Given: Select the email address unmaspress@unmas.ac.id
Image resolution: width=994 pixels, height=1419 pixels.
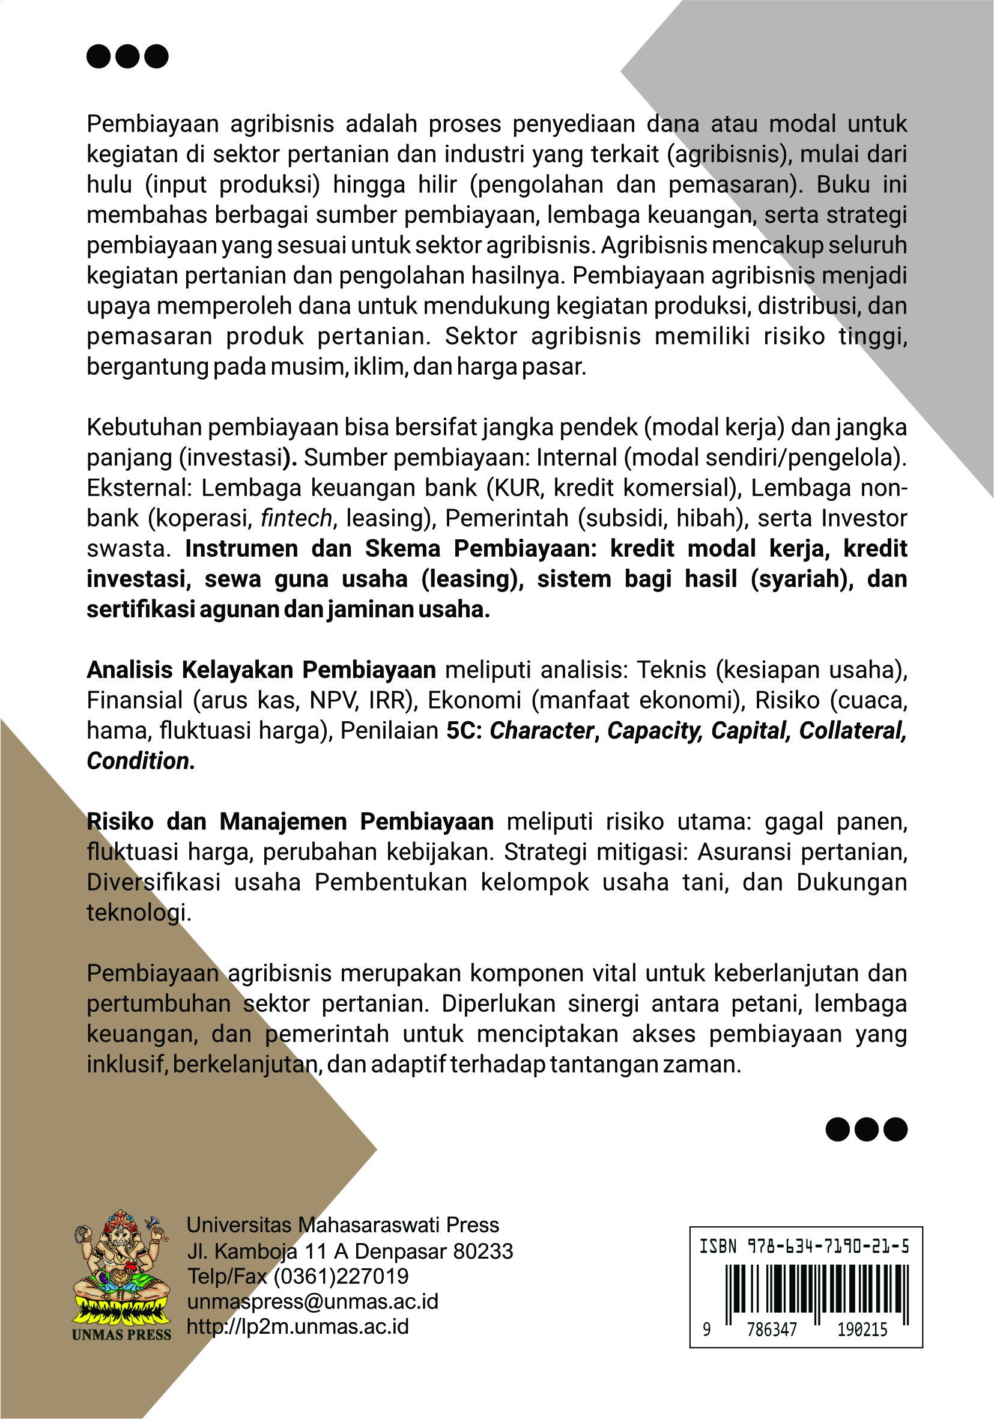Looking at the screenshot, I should (312, 1301).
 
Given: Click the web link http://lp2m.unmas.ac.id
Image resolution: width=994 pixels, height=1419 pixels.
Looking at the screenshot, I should (297, 1327).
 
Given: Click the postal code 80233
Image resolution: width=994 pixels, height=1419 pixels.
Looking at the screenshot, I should (483, 1251).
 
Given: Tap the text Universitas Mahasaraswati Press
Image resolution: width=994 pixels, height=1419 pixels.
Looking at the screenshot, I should (342, 1225).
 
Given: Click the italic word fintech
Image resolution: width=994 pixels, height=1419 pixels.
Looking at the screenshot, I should (296, 518).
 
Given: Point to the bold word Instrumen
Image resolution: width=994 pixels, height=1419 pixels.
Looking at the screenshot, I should (241, 548).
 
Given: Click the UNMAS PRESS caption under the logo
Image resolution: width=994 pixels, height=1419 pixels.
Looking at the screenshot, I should (121, 1334).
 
